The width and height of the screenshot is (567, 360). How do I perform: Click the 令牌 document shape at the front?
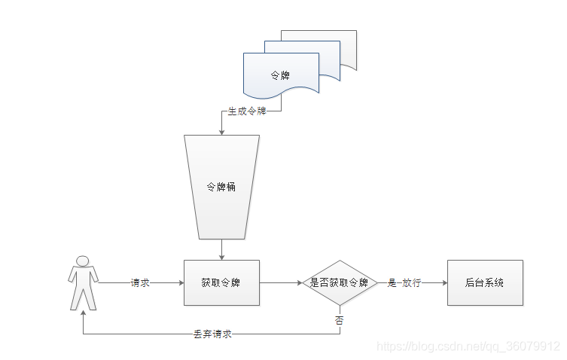point(280,75)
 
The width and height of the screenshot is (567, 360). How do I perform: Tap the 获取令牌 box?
point(221,283)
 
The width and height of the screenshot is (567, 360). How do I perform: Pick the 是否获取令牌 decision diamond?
point(339,283)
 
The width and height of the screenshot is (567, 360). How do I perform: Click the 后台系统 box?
point(484,283)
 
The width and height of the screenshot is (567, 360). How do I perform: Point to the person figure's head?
point(83,261)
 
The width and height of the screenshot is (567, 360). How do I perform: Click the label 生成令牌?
point(247,112)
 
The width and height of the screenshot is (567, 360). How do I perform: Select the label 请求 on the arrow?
point(140,283)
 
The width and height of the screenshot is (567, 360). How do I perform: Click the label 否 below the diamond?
point(339,320)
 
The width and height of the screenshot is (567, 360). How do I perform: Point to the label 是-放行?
point(404,283)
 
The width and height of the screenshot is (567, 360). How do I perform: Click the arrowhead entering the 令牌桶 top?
point(221,132)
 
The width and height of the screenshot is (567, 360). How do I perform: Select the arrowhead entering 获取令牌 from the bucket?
point(221,257)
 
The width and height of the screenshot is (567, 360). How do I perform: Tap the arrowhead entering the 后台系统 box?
point(444,283)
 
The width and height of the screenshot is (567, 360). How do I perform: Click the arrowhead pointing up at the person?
point(83,315)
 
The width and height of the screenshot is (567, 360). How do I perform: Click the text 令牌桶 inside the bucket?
point(221,186)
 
